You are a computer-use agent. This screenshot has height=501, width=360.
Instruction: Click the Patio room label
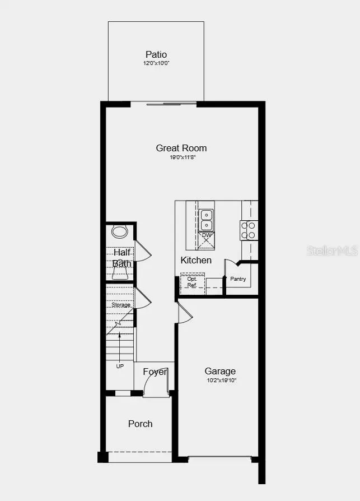point(156,54)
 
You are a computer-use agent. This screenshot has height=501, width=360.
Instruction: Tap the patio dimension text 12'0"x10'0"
point(156,64)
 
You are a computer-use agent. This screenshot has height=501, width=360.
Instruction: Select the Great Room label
point(181,148)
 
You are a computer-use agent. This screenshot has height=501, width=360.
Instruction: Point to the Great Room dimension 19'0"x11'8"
point(183,158)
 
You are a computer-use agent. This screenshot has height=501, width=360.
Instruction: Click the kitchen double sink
point(206,220)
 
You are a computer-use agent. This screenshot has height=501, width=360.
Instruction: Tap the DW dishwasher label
point(207,235)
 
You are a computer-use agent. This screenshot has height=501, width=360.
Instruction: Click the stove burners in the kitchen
point(249,230)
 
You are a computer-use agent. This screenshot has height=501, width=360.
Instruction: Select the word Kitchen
point(196,260)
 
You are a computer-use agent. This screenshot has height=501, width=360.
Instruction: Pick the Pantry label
point(238,279)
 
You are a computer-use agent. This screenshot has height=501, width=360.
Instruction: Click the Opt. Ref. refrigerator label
point(192,282)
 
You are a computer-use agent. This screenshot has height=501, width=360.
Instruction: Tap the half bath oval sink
point(120,231)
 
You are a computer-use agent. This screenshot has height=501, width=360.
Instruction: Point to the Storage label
point(120,305)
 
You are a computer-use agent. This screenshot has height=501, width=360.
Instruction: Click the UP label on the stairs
point(120,366)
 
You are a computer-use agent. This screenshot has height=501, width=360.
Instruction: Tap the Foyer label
point(155,372)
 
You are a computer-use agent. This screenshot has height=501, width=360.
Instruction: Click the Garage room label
point(220,371)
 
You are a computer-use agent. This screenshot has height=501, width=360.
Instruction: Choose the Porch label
point(140,424)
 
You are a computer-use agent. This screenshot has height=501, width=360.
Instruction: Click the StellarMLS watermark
point(332,250)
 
